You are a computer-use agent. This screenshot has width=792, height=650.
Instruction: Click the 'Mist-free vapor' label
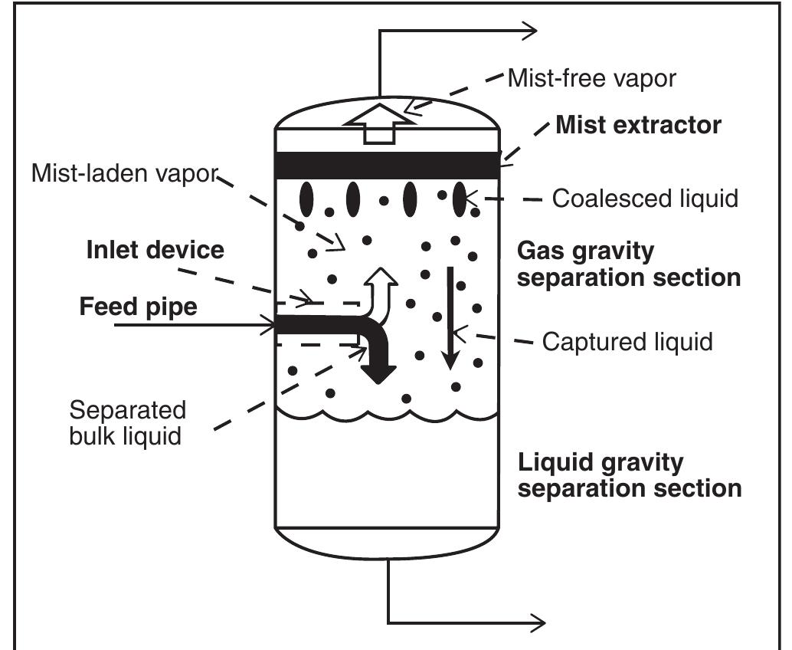pos(591,78)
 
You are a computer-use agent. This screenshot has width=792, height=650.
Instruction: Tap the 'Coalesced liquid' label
pos(645,199)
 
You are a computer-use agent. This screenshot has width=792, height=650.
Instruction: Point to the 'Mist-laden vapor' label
pos(124,173)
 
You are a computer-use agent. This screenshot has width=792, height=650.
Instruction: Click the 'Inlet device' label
pos(155,250)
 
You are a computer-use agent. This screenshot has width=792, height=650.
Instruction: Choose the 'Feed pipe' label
pos(138,307)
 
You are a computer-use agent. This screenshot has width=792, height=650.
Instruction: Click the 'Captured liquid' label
pos(627,341)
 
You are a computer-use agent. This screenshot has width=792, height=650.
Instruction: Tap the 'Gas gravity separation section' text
pos(628,264)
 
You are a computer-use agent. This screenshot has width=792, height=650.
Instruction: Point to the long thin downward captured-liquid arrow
pos(451,322)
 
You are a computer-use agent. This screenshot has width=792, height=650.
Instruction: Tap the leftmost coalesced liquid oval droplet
pos(306,200)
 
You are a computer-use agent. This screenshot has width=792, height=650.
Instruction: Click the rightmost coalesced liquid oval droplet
pos(459,199)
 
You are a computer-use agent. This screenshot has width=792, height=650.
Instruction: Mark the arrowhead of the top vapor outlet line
pos(529,31)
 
